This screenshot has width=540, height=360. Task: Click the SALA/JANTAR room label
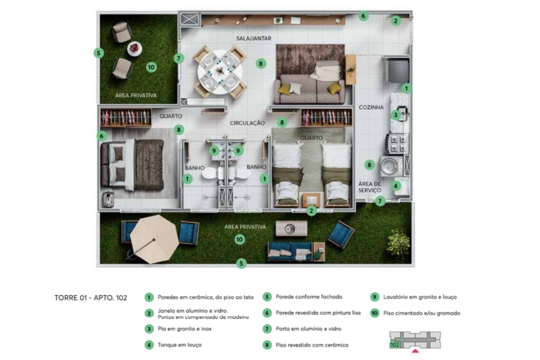coord(253,38)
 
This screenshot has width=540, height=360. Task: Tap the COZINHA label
coord(371,107)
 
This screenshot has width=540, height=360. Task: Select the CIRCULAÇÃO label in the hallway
coord(247,123)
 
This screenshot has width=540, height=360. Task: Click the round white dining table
coord(220,73)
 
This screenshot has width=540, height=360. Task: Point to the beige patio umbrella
coord(154,239)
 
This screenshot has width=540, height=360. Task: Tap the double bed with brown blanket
coord(132,164)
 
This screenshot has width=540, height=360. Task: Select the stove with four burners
coord(397,144)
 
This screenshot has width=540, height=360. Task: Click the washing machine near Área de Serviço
coord(391,166)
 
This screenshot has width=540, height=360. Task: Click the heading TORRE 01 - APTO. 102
coord(91,298)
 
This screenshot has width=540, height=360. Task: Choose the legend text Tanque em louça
coord(179,345)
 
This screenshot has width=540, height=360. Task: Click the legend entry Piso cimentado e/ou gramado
coord(422,313)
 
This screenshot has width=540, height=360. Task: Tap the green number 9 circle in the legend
coord(374,297)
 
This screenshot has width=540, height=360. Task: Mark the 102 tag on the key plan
coord(395,344)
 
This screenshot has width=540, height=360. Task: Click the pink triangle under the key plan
coord(415,351)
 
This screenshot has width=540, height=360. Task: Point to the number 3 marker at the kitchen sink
coord(395,115)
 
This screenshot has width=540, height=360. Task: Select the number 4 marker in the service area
coord(395,186)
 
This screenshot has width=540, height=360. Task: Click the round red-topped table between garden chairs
coord(134,49)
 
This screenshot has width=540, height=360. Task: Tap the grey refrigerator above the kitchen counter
coord(397,71)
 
